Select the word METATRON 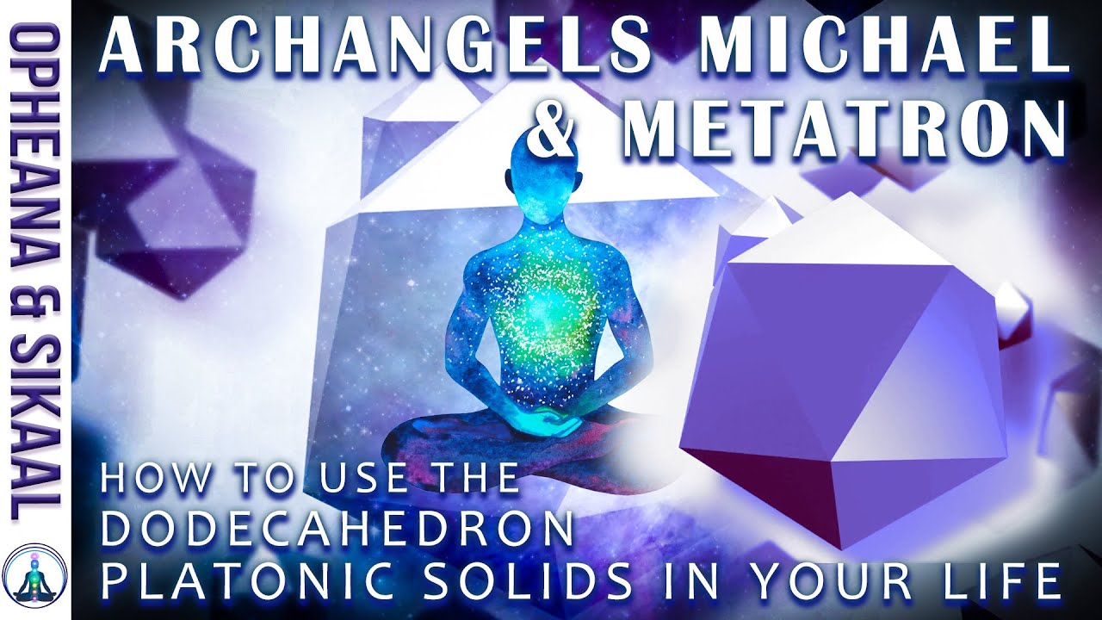click(x=844, y=131)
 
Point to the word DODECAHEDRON click(x=337, y=530)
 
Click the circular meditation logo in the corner click(x=35, y=578)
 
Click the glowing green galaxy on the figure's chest click(x=544, y=310)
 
